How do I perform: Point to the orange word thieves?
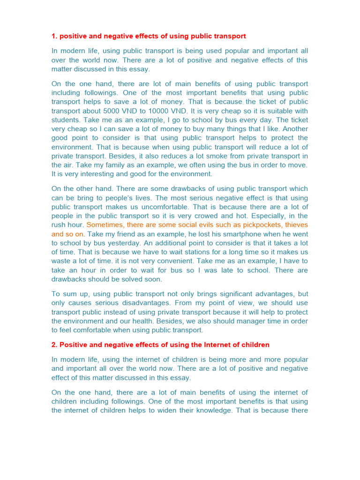point(296,225)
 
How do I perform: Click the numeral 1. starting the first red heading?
point(54,36)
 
